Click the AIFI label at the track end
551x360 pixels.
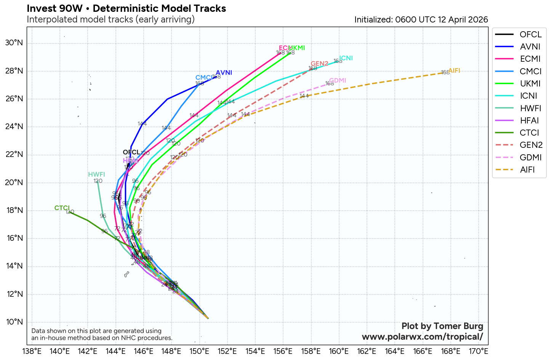(x=454, y=70)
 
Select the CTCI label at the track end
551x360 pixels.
(x=62, y=208)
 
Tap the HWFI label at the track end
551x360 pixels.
(x=96, y=174)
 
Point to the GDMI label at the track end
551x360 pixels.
(x=338, y=80)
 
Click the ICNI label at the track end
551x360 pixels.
(x=346, y=58)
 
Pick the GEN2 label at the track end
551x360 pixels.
(x=319, y=64)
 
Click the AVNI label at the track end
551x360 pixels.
(x=224, y=73)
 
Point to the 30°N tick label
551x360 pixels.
(x=14, y=43)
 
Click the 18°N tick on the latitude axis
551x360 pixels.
(x=14, y=211)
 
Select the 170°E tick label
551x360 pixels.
(x=478, y=351)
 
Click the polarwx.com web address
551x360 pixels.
(x=422, y=337)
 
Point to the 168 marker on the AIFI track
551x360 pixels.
(x=445, y=72)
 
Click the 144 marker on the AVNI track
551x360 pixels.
(x=142, y=123)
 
